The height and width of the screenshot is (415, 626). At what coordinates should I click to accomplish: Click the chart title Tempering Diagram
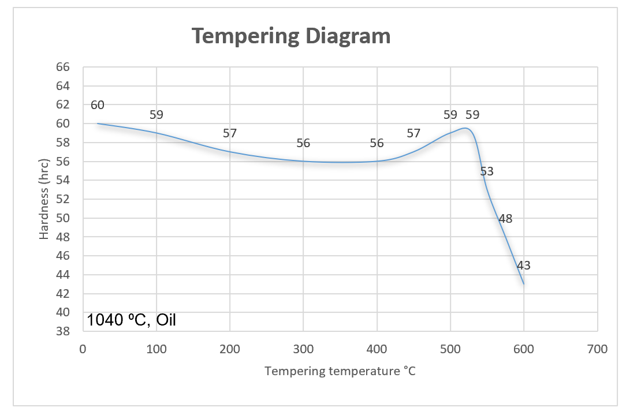click(x=291, y=36)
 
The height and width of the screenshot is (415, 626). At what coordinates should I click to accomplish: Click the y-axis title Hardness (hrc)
click(x=44, y=199)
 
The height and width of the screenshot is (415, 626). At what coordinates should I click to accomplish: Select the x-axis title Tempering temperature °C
click(x=340, y=371)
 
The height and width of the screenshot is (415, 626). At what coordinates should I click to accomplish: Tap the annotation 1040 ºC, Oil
click(x=131, y=320)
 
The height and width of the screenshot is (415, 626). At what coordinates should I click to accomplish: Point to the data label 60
click(x=97, y=105)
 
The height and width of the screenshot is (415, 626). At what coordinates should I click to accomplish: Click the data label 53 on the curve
click(x=487, y=171)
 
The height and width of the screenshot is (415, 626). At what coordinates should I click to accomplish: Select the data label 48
click(x=505, y=219)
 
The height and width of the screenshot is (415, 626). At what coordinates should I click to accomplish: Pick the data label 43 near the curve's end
click(x=523, y=266)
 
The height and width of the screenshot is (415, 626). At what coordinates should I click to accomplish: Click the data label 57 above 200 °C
click(x=230, y=133)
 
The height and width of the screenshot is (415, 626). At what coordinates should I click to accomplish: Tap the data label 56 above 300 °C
click(x=303, y=144)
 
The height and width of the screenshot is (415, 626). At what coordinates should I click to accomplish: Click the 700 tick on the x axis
click(x=597, y=349)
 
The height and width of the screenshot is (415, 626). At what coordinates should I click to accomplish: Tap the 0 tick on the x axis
click(x=83, y=349)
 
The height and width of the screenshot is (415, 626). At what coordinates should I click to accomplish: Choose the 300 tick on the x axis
click(x=303, y=349)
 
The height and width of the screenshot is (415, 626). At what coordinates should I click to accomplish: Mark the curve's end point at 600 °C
click(x=524, y=283)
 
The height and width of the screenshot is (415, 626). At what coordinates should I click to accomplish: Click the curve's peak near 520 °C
click(x=465, y=128)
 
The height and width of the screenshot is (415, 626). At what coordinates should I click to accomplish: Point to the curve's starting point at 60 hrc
click(x=98, y=124)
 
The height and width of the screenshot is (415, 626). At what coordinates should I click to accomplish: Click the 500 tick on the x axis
click(x=450, y=349)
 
